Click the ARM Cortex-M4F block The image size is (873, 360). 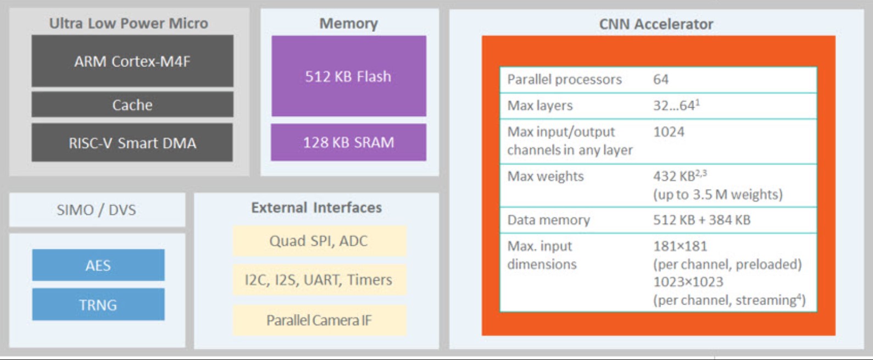tap(132, 61)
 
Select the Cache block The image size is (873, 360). tap(132, 104)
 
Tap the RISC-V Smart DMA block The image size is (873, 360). tap(132, 143)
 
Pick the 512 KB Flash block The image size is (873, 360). tap(349, 76)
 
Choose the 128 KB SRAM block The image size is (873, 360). tap(349, 142)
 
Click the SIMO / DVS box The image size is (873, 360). tap(97, 210)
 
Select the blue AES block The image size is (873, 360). tap(98, 265)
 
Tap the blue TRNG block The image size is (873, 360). tap(98, 304)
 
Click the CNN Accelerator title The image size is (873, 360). tap(657, 24)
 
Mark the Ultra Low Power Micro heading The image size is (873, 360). tap(129, 24)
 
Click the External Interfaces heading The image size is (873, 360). tap(316, 208)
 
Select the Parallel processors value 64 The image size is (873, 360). tap(661, 80)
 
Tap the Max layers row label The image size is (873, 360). tap(540, 106)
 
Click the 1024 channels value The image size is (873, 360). tap(669, 132)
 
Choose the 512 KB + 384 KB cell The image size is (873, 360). tap(702, 220)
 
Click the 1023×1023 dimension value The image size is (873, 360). tap(688, 281)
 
